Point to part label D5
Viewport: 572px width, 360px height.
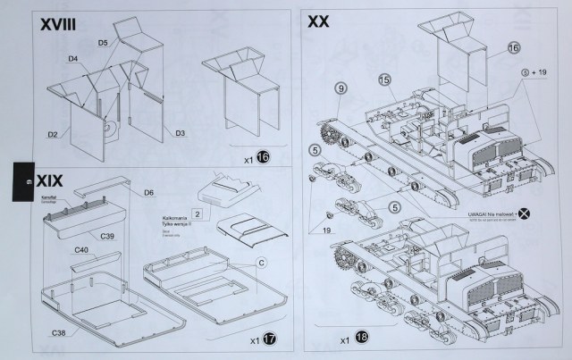pos(103,42)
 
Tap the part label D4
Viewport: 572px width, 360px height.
pos(71,60)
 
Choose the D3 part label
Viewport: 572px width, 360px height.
pos(180,134)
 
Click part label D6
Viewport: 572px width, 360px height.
pos(149,191)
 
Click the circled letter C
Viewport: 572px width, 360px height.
pos(261,263)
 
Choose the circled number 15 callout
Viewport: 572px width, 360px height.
pos(384,80)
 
